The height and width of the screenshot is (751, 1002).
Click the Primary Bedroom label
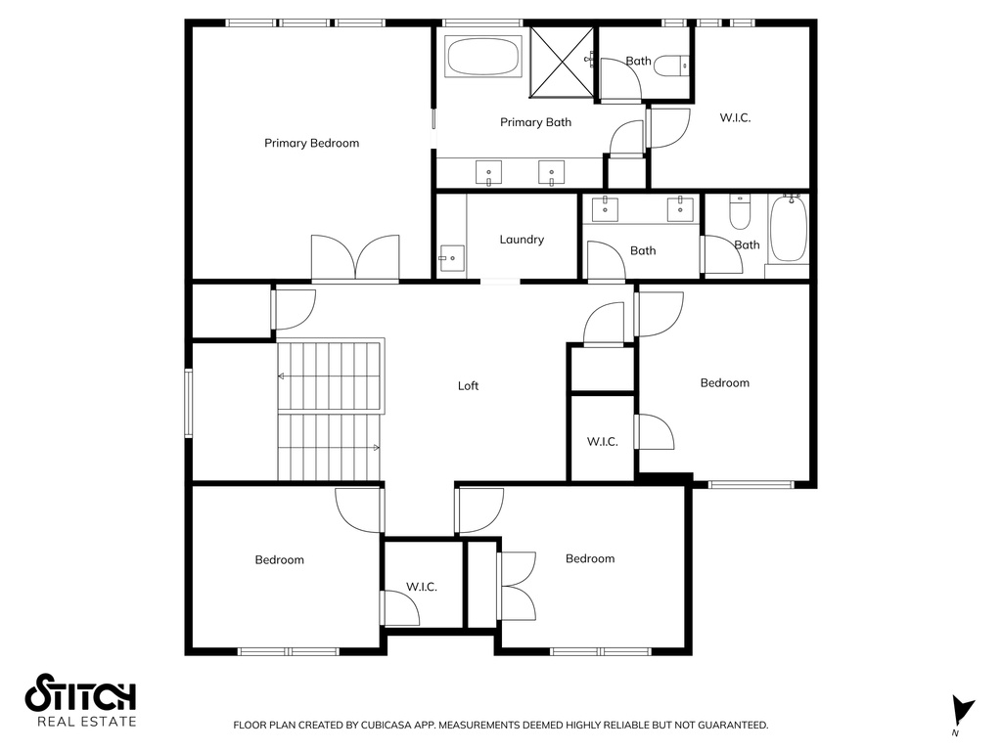point(311,143)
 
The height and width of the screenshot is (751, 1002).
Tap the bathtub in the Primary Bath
point(482,58)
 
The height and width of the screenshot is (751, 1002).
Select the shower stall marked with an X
point(561,63)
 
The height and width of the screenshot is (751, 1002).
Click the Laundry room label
point(522,240)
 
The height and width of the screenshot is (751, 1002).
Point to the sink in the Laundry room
point(452,258)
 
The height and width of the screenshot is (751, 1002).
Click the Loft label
point(468,385)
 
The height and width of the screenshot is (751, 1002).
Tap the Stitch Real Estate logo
point(80,700)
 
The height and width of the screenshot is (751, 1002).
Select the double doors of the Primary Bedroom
point(355,258)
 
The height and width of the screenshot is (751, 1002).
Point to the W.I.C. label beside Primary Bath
point(735,117)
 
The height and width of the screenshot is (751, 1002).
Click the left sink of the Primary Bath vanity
point(489,172)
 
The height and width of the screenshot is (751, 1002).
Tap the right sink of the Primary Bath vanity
point(552,172)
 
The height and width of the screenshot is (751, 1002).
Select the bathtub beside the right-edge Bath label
point(789,228)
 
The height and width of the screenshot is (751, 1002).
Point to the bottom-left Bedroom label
point(279,560)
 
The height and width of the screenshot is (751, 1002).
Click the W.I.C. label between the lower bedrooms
point(422,587)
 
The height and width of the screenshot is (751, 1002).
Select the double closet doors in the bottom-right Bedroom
point(517,587)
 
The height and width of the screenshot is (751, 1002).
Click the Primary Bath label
point(535,122)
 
